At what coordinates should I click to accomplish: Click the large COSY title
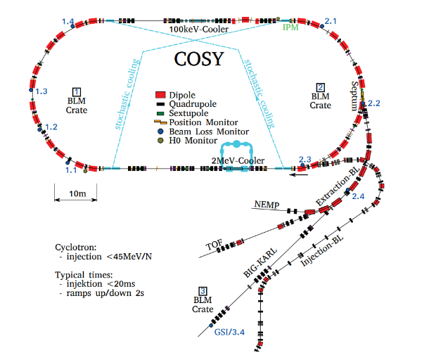[199, 59]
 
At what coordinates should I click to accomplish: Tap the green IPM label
[290, 27]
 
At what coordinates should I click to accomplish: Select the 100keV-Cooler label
[199, 29]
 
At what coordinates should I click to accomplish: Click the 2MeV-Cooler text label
[238, 160]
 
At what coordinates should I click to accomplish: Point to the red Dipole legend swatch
[160, 95]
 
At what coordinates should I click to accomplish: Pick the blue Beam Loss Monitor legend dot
[160, 131]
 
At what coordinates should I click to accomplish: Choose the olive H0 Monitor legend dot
[160, 141]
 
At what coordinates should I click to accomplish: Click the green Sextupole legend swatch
[160, 113]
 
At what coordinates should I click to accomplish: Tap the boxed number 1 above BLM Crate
[77, 92]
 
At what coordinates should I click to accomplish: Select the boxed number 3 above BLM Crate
[203, 291]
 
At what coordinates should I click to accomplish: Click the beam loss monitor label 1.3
[41, 91]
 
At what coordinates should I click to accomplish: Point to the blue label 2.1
[331, 21]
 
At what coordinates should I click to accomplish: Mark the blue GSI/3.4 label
[229, 332]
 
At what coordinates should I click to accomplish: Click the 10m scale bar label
[77, 193]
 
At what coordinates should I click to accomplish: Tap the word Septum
[354, 96]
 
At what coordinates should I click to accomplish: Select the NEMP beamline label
[267, 205]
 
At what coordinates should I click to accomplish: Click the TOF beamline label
[215, 245]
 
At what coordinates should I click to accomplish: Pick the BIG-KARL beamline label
[260, 262]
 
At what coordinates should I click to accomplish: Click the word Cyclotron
[76, 247]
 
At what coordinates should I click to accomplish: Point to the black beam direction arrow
[298, 175]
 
